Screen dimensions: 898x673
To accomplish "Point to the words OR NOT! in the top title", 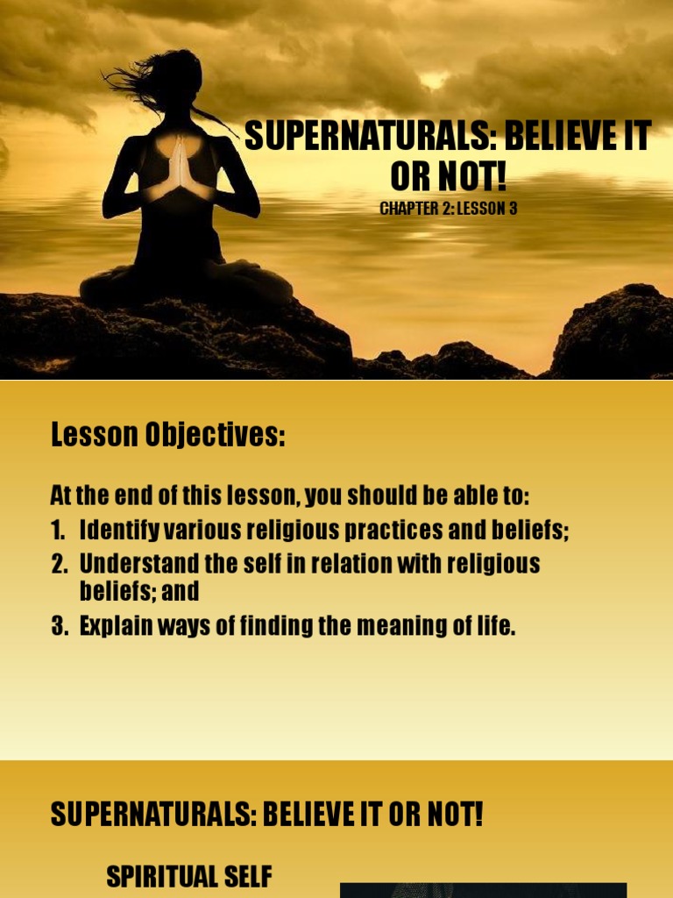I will [448, 177].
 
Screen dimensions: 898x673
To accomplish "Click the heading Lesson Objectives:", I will [168, 434].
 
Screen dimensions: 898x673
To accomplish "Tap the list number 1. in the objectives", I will [60, 531].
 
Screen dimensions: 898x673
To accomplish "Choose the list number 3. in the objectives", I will [60, 627].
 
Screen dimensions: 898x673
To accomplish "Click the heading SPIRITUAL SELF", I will [189, 876].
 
